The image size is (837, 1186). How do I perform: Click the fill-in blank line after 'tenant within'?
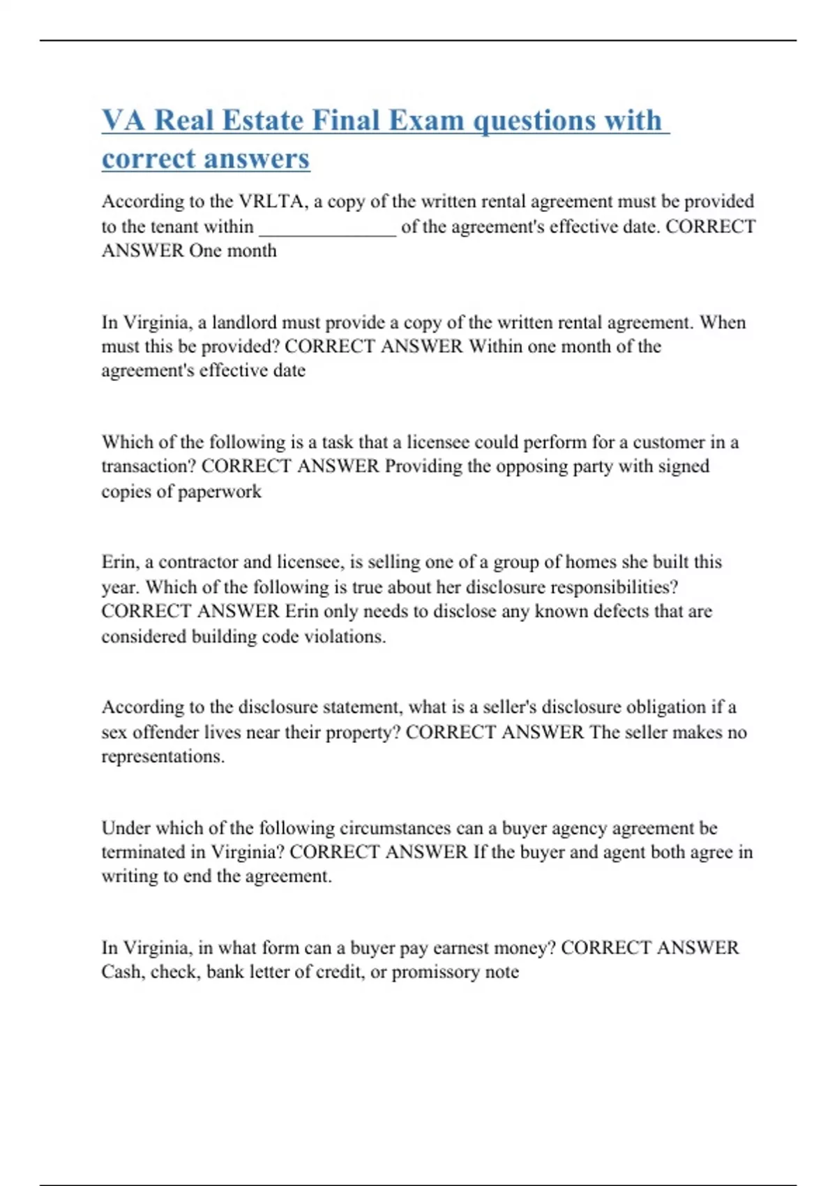pyautogui.click(x=327, y=228)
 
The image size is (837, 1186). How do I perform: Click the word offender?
pyautogui.click(x=165, y=733)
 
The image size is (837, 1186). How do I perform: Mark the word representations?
pyautogui.click(x=163, y=756)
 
